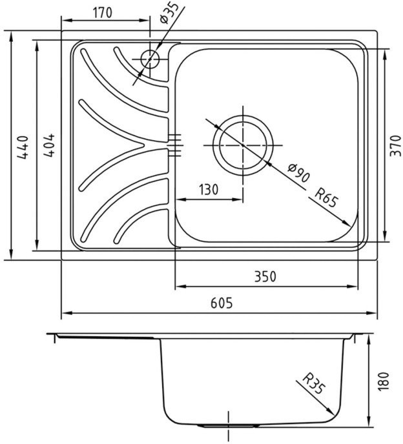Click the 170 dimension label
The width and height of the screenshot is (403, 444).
click(103, 13)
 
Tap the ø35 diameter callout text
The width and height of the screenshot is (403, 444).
click(169, 13)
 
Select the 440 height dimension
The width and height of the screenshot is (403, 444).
click(23, 147)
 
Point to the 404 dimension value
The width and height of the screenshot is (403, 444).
click(48, 145)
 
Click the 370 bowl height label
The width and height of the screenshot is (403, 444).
click(396, 146)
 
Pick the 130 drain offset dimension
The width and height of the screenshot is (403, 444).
click(209, 190)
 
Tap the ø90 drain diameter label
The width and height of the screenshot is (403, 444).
click(298, 173)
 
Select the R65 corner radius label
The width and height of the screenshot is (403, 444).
click(327, 198)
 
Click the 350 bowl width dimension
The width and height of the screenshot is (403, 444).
click(265, 277)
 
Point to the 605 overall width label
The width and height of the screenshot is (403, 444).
click(222, 303)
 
